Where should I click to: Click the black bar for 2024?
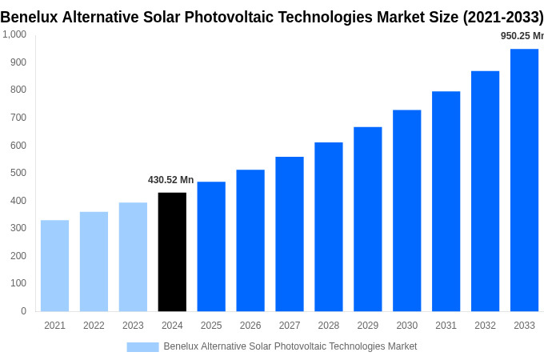point(172,252)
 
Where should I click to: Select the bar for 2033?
point(524,180)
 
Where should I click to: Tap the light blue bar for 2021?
point(54,266)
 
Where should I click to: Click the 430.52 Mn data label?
point(170,180)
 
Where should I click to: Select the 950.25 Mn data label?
point(522,36)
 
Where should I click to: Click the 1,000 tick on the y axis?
point(14,34)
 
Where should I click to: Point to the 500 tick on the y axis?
point(18,173)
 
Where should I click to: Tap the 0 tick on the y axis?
point(23,311)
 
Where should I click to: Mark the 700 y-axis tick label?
point(18,118)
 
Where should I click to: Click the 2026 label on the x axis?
point(250,326)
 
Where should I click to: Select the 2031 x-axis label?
point(446,326)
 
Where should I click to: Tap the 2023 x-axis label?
point(133,326)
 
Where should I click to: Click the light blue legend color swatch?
point(142,347)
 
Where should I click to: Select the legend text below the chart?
point(290,346)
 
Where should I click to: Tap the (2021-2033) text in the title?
point(502,17)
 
